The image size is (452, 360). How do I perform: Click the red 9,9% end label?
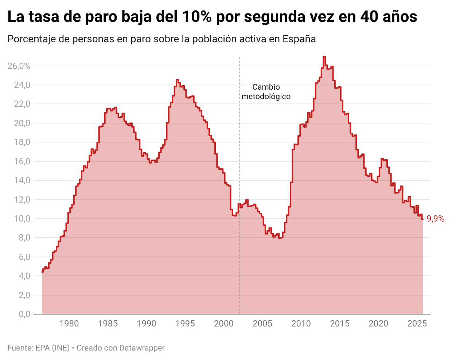[436, 219]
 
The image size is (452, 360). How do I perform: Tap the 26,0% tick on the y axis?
[19, 66]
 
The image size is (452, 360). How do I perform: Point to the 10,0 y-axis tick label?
[22, 219]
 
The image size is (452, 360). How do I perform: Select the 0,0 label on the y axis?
[24, 314]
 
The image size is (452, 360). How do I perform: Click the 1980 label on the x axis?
[69, 324]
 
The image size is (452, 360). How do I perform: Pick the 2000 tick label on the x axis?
[224, 324]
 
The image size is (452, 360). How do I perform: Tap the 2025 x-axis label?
[417, 324]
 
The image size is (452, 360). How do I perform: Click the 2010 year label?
[301, 324]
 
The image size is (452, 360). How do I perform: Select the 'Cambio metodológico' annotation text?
[266, 92]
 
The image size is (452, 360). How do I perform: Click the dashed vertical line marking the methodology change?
[239, 146]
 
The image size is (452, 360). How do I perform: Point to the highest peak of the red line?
[324, 57]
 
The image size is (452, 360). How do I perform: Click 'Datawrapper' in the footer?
[142, 348]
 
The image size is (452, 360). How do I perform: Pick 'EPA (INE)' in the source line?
[52, 348]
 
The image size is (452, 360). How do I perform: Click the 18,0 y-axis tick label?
[22, 142]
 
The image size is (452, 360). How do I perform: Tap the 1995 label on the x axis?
[185, 324]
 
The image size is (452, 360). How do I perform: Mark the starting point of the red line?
[42, 272]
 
